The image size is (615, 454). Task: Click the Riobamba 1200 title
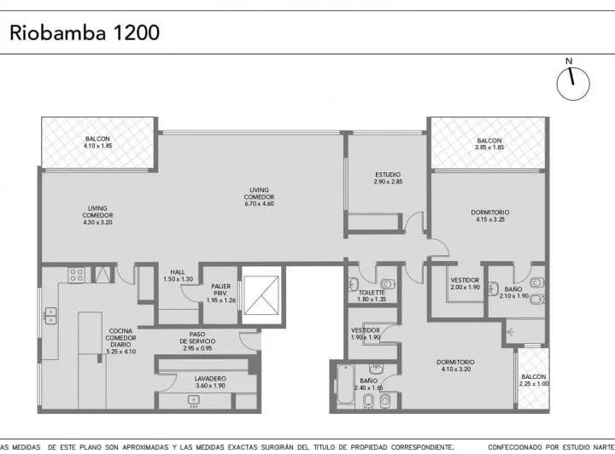84,33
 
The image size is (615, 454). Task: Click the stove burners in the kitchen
76,275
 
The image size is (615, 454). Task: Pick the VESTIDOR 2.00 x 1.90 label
465,283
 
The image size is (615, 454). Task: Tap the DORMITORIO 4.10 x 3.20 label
455,365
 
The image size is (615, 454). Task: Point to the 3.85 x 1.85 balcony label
489,143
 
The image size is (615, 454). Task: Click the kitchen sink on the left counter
50,316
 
